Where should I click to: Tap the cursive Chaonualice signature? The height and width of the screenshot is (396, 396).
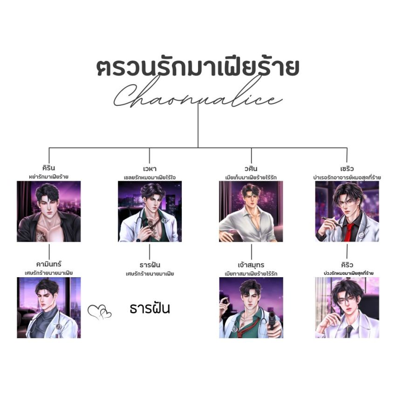pyautogui.click(x=198, y=96)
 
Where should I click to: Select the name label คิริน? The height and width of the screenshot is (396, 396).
pyautogui.click(x=48, y=168)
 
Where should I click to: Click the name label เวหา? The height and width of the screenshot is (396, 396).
pyautogui.click(x=150, y=168)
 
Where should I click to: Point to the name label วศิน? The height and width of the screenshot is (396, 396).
pyautogui.click(x=251, y=168)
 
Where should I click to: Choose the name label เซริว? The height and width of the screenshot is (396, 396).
pyautogui.click(x=347, y=168)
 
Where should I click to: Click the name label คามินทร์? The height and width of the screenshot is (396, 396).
pyautogui.click(x=48, y=265)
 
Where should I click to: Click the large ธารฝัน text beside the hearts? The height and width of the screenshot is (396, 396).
pyautogui.click(x=150, y=308)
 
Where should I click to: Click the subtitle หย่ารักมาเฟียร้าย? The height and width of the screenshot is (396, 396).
pyautogui.click(x=48, y=177)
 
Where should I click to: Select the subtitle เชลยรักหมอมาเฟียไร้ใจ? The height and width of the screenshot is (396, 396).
pyautogui.click(x=150, y=177)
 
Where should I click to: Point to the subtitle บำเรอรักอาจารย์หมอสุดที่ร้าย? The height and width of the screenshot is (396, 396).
pyautogui.click(x=347, y=177)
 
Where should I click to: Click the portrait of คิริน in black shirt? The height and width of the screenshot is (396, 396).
pyautogui.click(x=48, y=212)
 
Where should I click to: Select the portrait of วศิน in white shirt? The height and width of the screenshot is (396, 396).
pyautogui.click(x=251, y=212)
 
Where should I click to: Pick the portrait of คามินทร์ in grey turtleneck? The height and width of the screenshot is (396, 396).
pyautogui.click(x=48, y=307)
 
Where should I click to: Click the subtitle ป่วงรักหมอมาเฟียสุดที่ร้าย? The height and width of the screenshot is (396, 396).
pyautogui.click(x=347, y=273)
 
